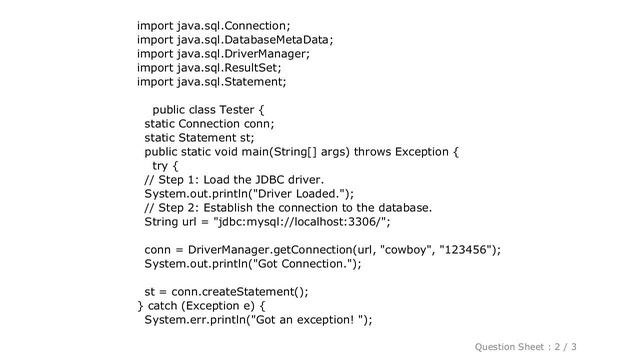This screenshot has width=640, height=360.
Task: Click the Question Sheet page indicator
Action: (x=538, y=346)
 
